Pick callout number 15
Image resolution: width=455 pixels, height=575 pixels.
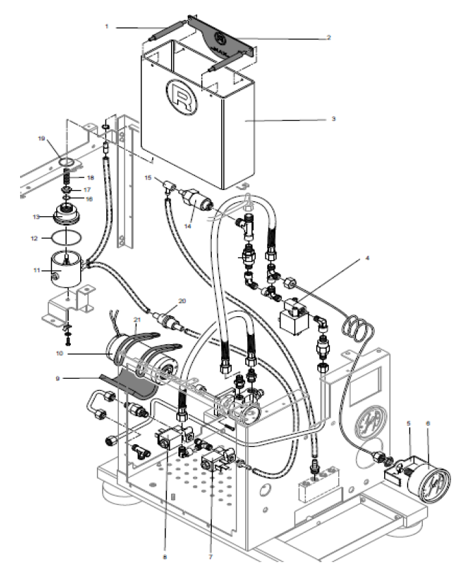point(148,177)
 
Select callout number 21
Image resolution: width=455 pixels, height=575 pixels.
point(138,320)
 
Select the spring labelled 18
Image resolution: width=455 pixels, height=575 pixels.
point(67,178)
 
